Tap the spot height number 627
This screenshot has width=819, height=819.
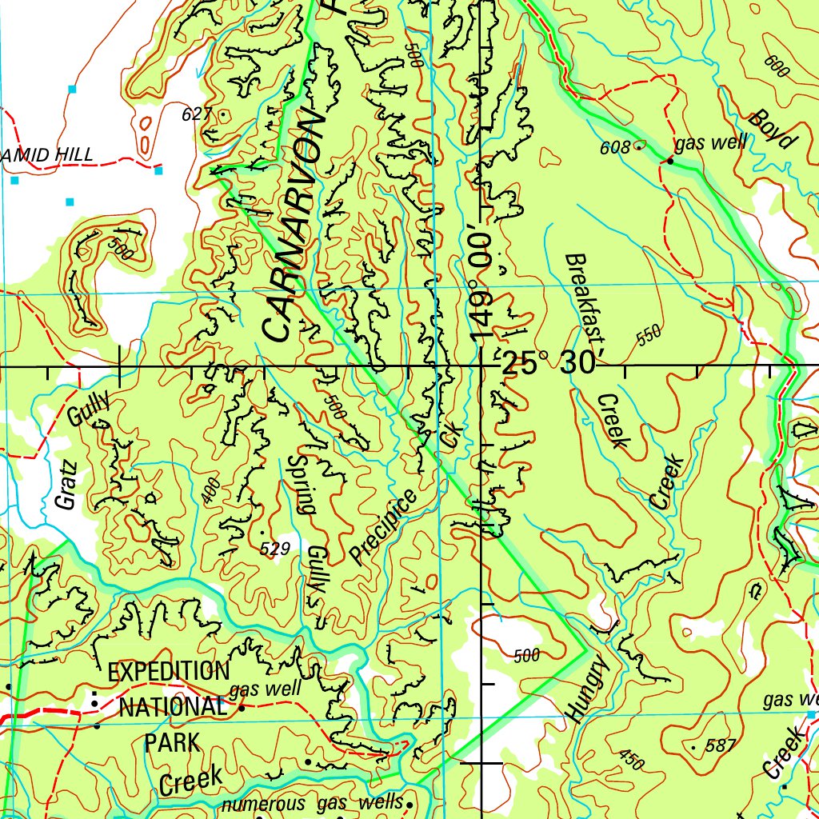(x=196, y=114)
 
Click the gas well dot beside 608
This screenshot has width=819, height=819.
(x=670, y=161)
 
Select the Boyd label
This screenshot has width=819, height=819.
(x=773, y=130)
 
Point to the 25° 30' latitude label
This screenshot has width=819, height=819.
(x=549, y=364)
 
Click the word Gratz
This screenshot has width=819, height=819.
(x=66, y=485)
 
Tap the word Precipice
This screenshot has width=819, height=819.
(x=384, y=527)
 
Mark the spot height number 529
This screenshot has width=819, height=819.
(x=275, y=549)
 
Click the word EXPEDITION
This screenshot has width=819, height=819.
(x=168, y=671)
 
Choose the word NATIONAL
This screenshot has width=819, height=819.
(x=173, y=707)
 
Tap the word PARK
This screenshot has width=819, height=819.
(x=172, y=742)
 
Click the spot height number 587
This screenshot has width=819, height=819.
(x=721, y=746)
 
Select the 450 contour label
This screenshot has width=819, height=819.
(x=630, y=761)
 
